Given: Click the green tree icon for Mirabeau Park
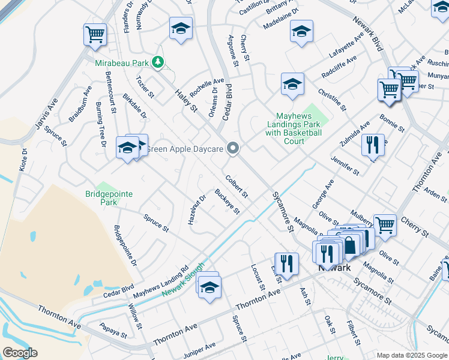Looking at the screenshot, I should point(157,62).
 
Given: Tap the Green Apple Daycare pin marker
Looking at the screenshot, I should point(234,149).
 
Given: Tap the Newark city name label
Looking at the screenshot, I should point(334,268).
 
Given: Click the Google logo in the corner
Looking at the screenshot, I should point(20,353).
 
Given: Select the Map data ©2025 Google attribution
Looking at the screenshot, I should point(411,355).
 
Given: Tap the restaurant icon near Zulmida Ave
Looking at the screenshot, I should point(373,144).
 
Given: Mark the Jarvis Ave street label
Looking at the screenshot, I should point(47,115).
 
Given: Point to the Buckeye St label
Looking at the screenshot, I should point(228,202).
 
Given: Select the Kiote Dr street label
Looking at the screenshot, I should point(23,158).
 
